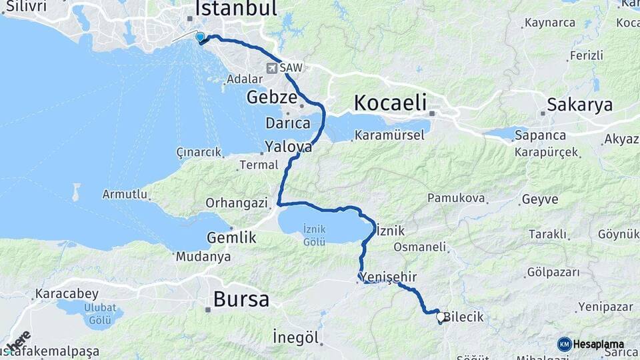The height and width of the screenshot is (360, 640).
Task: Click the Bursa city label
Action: tap(241, 299)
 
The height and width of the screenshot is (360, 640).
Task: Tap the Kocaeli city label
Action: tap(390, 103)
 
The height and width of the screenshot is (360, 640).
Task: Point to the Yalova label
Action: tap(288, 146)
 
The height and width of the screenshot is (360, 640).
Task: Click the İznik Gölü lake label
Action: tap(314, 235)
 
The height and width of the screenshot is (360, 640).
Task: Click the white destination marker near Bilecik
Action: tap(440, 318)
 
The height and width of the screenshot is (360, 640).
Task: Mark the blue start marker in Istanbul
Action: tap(200, 37)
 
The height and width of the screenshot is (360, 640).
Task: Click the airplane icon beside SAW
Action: tap(272, 68)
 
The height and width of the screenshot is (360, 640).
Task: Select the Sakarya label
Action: tap(570, 105)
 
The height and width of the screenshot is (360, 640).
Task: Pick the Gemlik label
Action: tap(231, 237)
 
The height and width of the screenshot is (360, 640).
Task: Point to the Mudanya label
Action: tap(203, 257)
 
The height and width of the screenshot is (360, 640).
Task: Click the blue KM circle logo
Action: tap(564, 344)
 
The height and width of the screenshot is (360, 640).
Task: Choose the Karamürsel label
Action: tap(389, 135)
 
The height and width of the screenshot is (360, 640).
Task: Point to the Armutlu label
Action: tap(124, 194)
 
